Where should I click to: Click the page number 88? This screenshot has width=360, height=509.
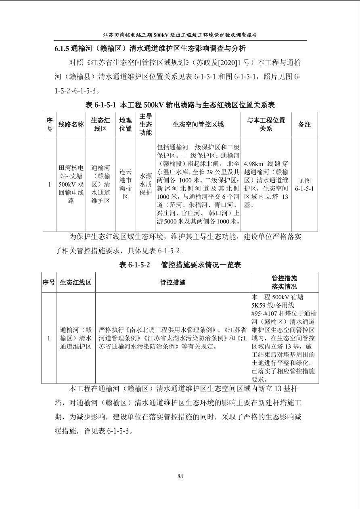click(180, 476)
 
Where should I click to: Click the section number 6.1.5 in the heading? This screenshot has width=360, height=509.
click(62, 49)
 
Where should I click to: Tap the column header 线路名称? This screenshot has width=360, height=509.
click(71, 124)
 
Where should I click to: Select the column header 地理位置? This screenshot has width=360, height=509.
click(126, 124)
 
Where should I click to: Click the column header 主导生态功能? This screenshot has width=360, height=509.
click(146, 124)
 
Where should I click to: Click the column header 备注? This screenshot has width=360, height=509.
click(304, 124)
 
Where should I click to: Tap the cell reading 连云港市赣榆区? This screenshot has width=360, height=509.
click(126, 184)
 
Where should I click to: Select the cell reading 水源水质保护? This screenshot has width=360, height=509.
click(146, 184)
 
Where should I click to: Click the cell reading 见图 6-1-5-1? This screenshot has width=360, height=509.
click(304, 184)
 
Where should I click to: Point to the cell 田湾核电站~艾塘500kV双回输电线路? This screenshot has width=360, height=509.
click(71, 184)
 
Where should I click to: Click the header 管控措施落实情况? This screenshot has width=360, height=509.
click(284, 282)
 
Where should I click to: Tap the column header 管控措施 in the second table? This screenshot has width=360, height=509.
click(173, 282)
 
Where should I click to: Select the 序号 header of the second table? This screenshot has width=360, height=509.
click(49, 282)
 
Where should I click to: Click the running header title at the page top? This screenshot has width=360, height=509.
click(180, 35)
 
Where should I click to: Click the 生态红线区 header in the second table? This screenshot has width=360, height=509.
click(75, 282)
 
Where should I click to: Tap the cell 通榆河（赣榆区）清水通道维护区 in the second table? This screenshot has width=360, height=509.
click(75, 338)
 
